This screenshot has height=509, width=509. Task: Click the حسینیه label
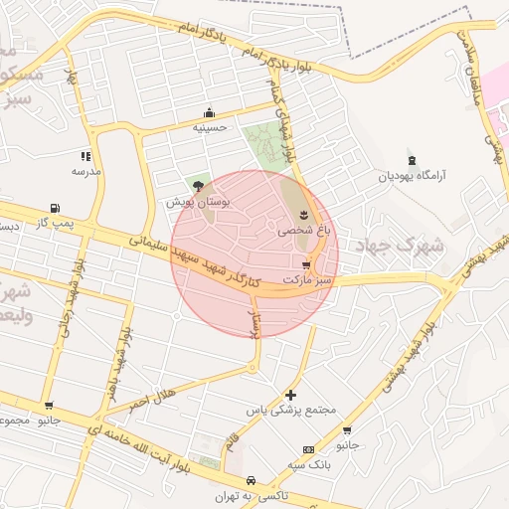[209, 127]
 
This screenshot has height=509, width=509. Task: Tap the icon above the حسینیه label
[209, 112]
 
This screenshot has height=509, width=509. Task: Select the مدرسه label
[85, 171]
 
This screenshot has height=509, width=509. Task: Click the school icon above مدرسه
[85, 156]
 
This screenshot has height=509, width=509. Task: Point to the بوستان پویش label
[198, 201]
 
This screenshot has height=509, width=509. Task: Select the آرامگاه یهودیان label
[412, 176]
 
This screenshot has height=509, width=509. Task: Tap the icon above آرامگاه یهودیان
[412, 161]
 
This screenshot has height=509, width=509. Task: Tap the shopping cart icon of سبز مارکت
[305, 265]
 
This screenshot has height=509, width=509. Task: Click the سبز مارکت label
[305, 280]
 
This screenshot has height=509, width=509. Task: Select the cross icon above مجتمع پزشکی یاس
[290, 395]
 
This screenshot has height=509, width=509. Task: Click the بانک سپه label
[309, 464]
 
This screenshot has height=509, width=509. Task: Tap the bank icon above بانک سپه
[308, 449]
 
